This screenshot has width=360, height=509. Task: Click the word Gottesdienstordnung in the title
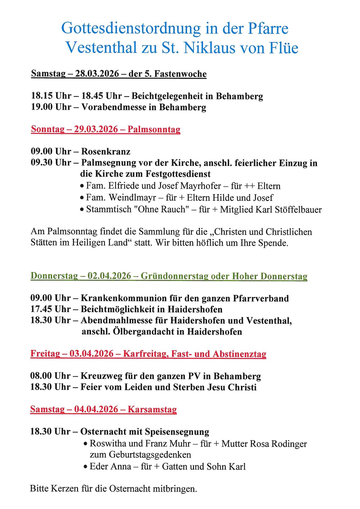tap(131, 29)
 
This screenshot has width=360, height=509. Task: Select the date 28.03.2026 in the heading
tap(97, 74)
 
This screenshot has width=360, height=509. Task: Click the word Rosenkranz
tap(106, 151)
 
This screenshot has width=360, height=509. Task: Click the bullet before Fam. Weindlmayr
tap(82, 198)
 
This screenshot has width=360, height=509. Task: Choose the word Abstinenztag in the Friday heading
tap(239, 354)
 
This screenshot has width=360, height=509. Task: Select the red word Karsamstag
tap(152, 409)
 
